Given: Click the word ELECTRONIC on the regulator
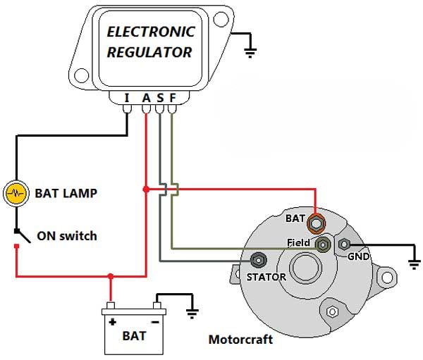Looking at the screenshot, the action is click(151, 32).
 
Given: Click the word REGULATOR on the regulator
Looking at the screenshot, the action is click(149, 52).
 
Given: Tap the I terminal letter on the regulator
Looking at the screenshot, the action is click(127, 98).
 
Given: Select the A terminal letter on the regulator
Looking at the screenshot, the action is click(146, 98).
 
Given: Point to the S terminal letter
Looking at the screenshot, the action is click(160, 98).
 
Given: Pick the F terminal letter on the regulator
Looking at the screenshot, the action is click(173, 98).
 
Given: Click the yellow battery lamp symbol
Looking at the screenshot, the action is click(16, 193).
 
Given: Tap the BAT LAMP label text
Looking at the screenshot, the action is click(66, 193).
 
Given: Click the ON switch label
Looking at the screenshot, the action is click(67, 236).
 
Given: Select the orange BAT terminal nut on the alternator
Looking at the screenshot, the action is click(317, 223).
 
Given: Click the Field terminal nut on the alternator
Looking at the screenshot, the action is click(323, 245).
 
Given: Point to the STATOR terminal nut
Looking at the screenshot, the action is click(259, 260).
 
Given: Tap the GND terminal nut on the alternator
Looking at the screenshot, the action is click(344, 244).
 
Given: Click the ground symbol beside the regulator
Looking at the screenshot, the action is click(250, 53).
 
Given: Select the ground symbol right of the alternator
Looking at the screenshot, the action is click(414, 264).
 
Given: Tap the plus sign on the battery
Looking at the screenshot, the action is click(113, 322).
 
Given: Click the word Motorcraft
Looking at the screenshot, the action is click(240, 340).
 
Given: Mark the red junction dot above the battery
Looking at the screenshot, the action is click(111, 276).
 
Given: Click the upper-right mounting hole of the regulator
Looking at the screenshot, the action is click(221, 20).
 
